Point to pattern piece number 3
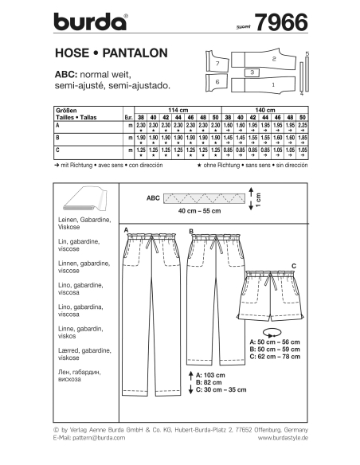point(252,72)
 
